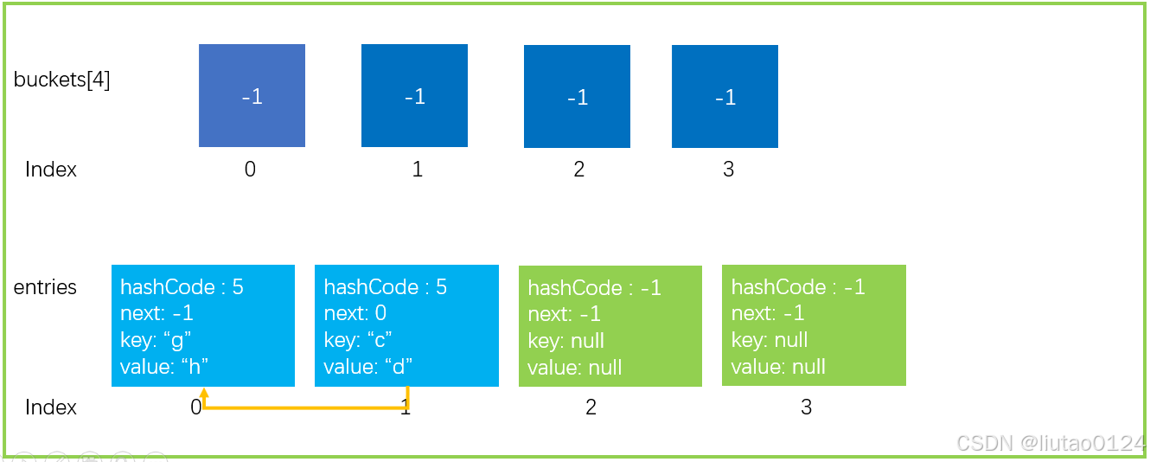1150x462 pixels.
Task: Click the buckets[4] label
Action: coord(61,80)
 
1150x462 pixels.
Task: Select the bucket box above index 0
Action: coord(252,95)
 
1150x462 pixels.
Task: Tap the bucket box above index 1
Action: coord(414,95)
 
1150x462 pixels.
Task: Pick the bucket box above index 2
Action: coord(577,96)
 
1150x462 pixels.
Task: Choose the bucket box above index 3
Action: coord(725,96)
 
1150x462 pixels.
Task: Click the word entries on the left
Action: coord(45,286)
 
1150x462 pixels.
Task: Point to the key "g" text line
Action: coord(156,340)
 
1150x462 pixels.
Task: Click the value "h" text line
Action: coord(164,367)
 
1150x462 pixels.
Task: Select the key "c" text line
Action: coord(358,340)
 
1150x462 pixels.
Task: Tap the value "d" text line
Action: coord(368,367)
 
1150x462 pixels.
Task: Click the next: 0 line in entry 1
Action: coord(355,313)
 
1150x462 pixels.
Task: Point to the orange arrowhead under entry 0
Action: coord(204,393)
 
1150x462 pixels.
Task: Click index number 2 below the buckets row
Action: coord(579,169)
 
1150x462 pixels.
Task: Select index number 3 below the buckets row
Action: coord(729,169)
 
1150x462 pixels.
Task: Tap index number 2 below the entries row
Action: coord(591,407)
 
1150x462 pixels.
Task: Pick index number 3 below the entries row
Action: coord(807,407)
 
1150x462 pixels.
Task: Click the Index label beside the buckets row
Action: coord(51,169)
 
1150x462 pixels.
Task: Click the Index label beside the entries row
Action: coord(51,407)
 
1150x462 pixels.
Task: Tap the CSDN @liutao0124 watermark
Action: coord(1051,443)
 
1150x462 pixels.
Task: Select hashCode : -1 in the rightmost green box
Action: coord(798,286)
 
